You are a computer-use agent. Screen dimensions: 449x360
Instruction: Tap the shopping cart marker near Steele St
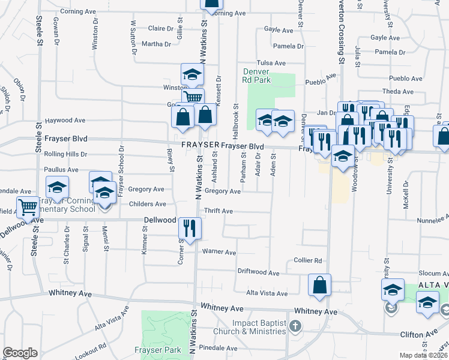click(28, 208)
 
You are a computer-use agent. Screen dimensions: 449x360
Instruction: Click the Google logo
click(20, 353)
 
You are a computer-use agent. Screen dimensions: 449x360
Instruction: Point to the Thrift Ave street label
click(218, 211)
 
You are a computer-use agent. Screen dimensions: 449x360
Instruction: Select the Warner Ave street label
click(219, 252)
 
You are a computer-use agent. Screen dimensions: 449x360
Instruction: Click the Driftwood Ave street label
click(258, 273)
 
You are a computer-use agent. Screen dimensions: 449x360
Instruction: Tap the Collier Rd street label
click(309, 260)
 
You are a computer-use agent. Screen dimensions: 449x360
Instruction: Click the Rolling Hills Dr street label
click(65, 154)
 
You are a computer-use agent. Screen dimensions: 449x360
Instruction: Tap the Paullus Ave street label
click(62, 170)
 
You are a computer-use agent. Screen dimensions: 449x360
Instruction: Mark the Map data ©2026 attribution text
click(423, 355)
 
